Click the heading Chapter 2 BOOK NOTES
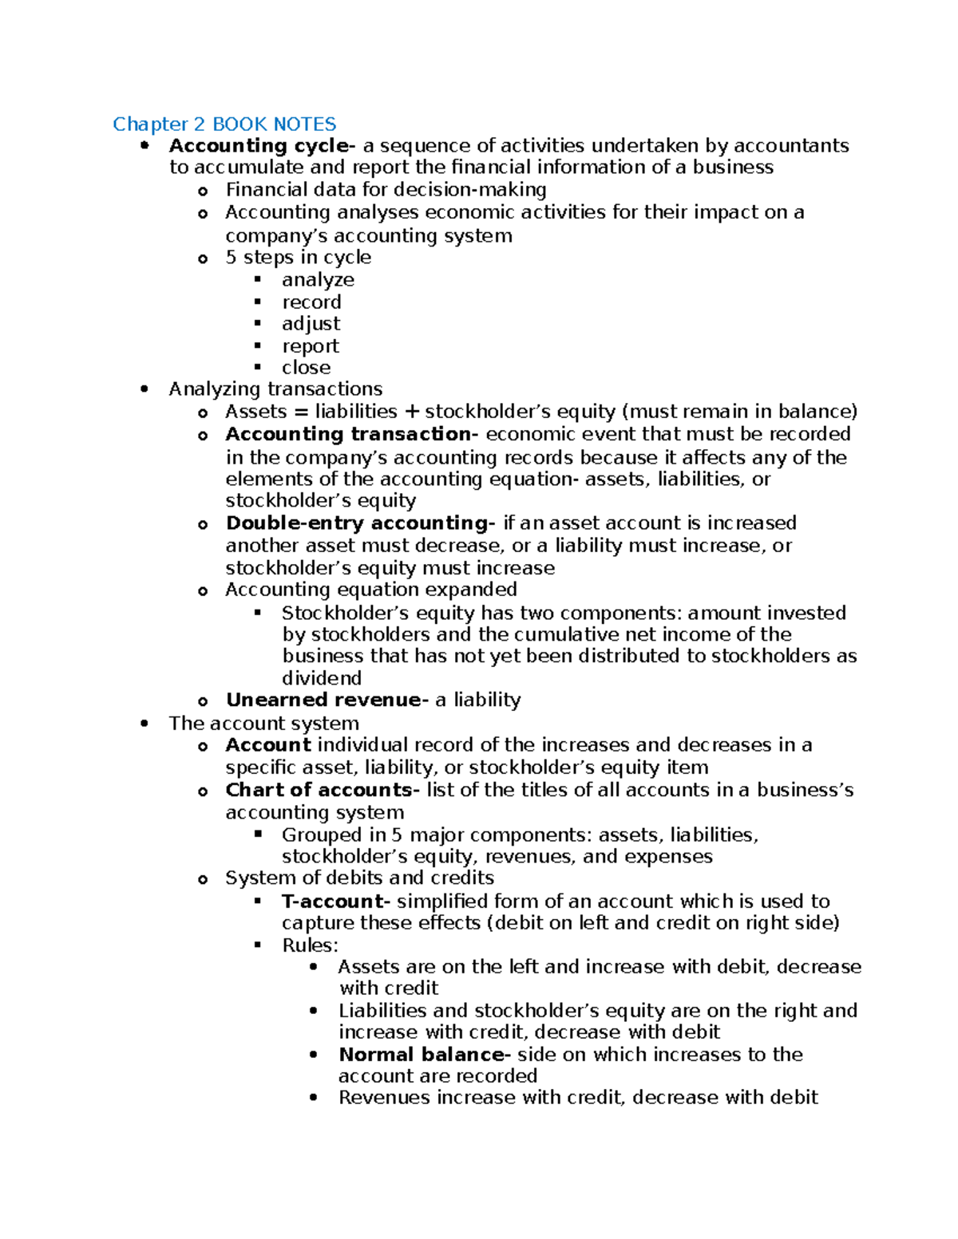[224, 124]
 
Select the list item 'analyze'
[318, 280]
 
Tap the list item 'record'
[311, 302]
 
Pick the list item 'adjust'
[311, 324]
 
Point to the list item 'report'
[310, 346]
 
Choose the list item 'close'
[306, 368]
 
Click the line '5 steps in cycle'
[298, 258]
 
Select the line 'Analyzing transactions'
[275, 389]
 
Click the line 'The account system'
[263, 724]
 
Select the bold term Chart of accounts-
[323, 790]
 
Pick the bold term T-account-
[336, 902]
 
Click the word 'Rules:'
[310, 945]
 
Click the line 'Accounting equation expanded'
[371, 590]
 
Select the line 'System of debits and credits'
[359, 878]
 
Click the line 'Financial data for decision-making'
[386, 190]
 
